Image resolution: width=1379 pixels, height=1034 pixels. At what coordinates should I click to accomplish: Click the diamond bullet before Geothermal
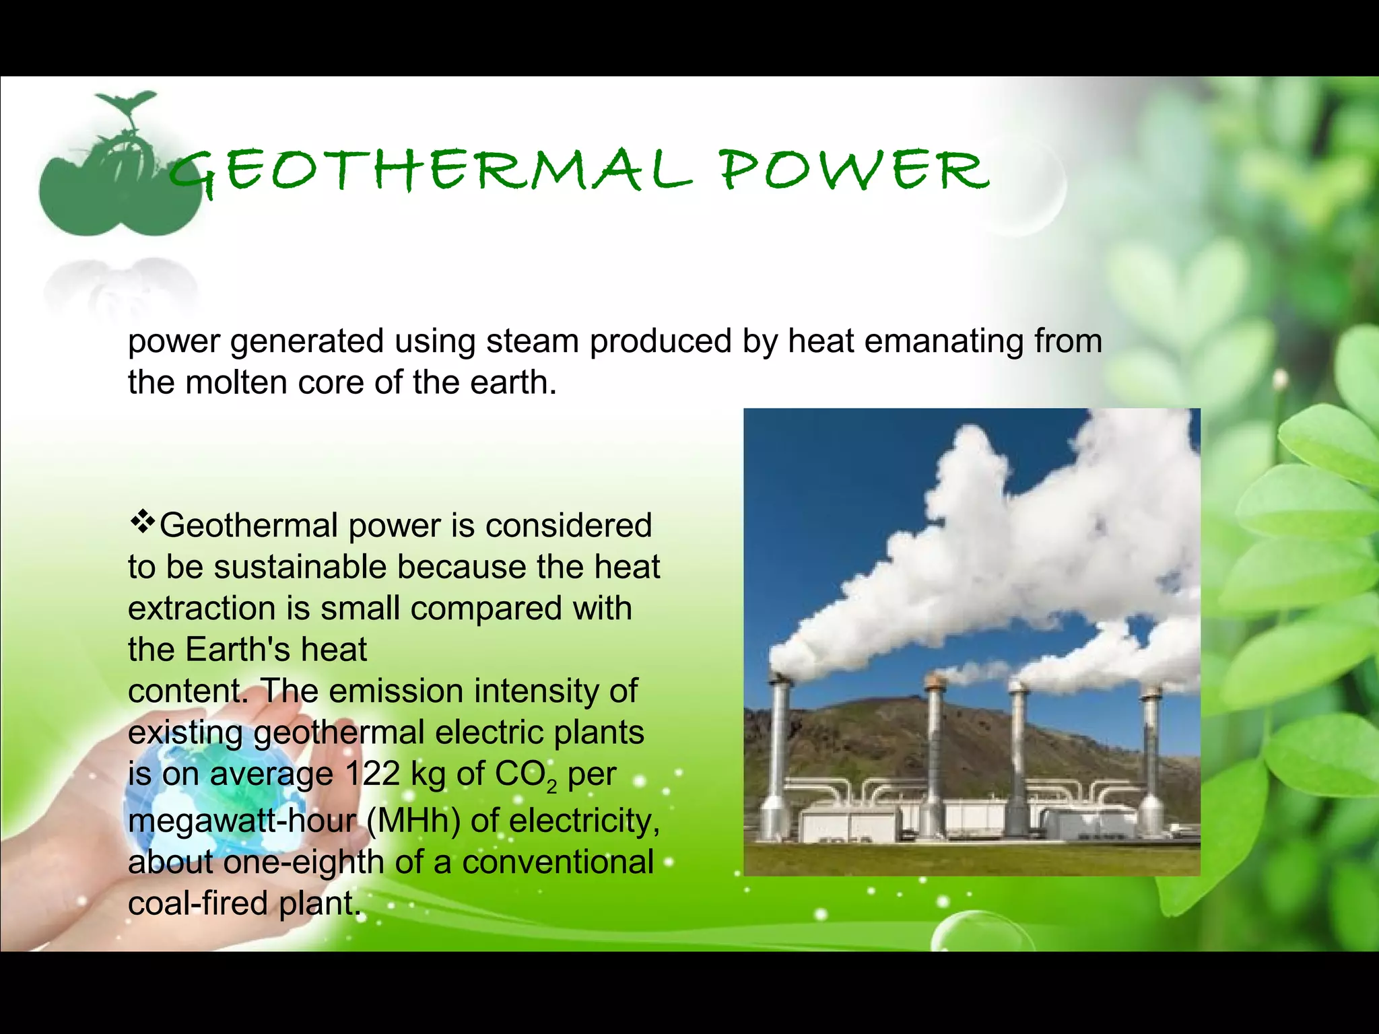coord(142,522)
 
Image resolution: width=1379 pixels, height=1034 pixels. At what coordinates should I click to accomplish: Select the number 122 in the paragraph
coord(372,773)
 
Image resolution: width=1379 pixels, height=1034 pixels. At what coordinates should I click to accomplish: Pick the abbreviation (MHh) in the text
coord(413,821)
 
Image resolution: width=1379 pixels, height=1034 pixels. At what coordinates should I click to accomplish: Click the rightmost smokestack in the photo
coord(1150,747)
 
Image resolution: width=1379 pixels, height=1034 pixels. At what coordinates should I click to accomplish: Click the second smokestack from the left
coord(935,747)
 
